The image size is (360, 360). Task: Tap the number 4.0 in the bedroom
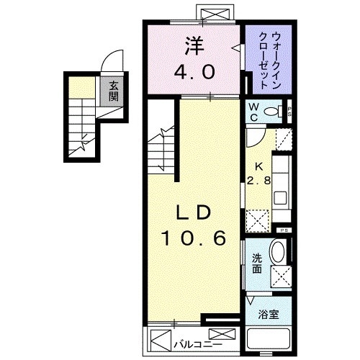(x=193, y=73)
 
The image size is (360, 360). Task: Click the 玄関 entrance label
(x=114, y=92)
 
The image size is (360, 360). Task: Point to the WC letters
(x=254, y=112)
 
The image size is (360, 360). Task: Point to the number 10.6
(x=193, y=238)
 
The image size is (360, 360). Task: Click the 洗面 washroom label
(x=256, y=264)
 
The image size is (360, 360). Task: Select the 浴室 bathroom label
(x=268, y=315)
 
